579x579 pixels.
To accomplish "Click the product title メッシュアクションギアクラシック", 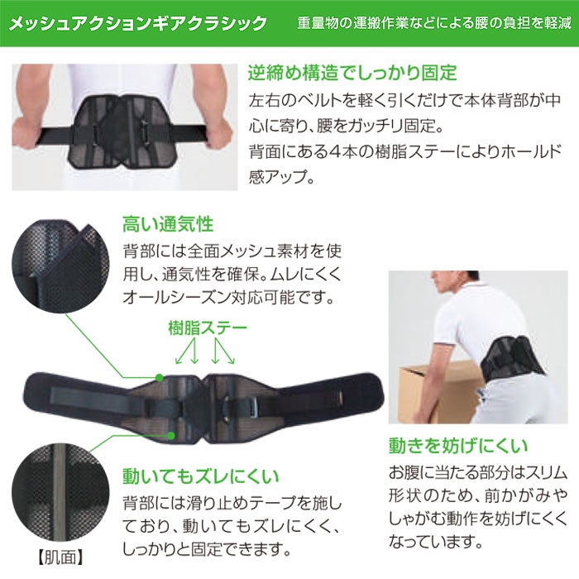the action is coord(137,23).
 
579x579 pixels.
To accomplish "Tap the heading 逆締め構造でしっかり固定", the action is coord(352,73).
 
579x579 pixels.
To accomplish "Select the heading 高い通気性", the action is coord(168,224).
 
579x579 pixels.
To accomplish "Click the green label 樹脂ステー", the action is coord(208,328).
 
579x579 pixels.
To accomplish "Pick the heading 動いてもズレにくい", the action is coord(200,476).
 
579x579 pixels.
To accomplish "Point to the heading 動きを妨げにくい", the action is coord(458,446).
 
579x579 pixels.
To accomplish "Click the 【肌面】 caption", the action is coord(60,557).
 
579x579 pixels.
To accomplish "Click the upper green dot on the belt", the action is coord(159,377).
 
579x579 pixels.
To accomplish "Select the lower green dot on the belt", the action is coord(170,436).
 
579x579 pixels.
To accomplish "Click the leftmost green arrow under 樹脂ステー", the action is coord(184,352).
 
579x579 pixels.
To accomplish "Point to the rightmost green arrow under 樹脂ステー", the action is coord(224,352).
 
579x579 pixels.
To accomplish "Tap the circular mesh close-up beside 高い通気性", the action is coord(60,266).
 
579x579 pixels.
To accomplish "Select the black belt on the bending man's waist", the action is coord(511,356).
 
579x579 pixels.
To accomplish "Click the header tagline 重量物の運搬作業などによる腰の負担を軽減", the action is coord(434,23).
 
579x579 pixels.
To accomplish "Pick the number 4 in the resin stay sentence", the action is coord(334,151).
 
